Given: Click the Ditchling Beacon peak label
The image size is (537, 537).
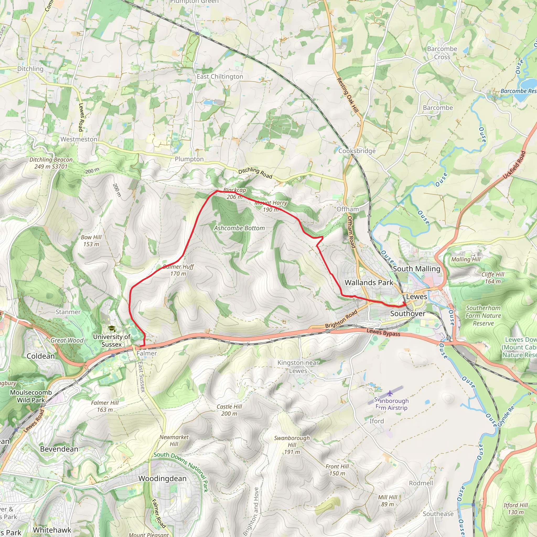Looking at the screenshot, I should [51, 163].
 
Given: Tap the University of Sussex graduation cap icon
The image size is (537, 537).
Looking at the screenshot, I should [112, 329].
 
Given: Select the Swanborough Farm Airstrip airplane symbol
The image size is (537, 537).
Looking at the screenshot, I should [390, 393].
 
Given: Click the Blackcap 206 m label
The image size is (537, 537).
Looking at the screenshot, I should [235, 194].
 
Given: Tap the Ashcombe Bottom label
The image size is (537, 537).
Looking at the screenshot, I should [239, 228].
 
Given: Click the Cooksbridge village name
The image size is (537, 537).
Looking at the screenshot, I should [357, 151].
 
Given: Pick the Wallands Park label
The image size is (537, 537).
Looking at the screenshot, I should [369, 283].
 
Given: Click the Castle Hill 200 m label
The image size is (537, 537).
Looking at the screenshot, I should [229, 410].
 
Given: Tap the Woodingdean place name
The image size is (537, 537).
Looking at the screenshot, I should [162, 478].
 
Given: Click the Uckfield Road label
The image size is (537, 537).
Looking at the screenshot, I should [514, 165].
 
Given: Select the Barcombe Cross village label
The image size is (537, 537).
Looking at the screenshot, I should [442, 53].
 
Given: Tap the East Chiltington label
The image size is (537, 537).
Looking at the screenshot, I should [220, 77].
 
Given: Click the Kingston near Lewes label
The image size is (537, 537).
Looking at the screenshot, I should [298, 367].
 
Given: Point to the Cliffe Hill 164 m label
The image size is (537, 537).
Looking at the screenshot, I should [493, 278].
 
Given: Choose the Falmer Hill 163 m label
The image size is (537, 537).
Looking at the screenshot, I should [105, 406].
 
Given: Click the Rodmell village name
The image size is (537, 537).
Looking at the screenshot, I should [421, 483].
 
